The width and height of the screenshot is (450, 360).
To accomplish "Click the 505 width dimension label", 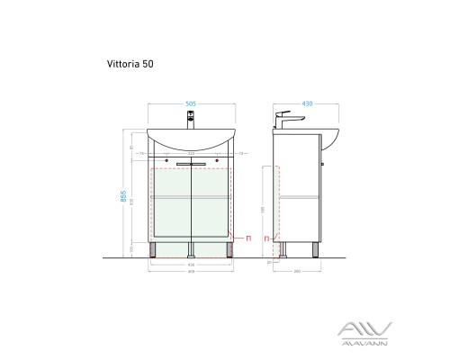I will pyautogui.click(x=192, y=103).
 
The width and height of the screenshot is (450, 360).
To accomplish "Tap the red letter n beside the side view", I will pyautogui.click(x=266, y=238).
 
